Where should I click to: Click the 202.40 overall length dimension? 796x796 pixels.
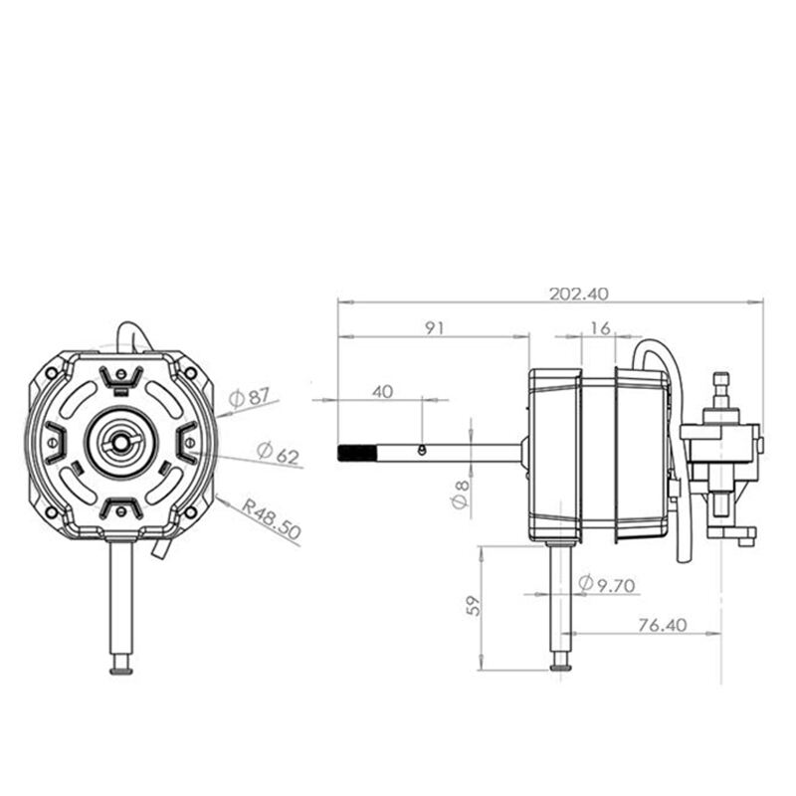(x=579, y=294)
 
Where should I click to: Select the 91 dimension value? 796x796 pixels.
(x=435, y=328)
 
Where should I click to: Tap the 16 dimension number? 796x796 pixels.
(x=601, y=328)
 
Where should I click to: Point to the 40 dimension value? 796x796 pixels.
(x=383, y=392)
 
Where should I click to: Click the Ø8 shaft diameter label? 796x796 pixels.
(x=461, y=495)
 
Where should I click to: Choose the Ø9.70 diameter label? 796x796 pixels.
(x=607, y=584)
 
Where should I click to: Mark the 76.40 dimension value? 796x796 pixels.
(x=663, y=625)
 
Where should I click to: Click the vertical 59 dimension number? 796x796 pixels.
(x=474, y=606)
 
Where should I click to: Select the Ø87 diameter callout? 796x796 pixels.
(x=249, y=397)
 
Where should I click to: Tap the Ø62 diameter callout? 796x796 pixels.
(x=279, y=454)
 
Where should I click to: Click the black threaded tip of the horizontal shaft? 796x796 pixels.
(x=356, y=453)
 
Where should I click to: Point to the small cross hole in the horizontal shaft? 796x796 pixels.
(x=421, y=450)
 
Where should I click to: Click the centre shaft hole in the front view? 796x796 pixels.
(x=120, y=443)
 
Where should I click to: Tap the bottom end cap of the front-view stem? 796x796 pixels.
(x=120, y=670)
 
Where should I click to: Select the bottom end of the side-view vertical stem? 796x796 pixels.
(x=560, y=667)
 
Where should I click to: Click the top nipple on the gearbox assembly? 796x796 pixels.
(x=720, y=382)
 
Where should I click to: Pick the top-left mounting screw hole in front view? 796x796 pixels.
(x=51, y=373)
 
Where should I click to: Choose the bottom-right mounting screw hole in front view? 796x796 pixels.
(x=191, y=512)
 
